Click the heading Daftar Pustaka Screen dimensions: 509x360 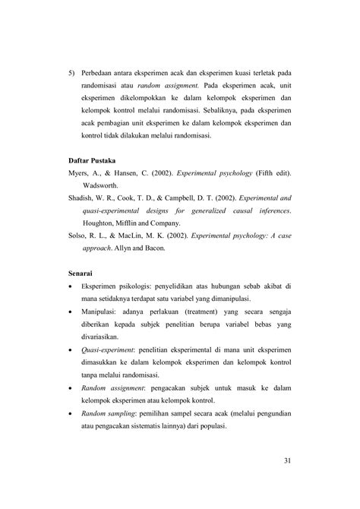tap(93, 161)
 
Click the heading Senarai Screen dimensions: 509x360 tap(84, 270)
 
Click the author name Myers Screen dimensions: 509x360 tap(80, 175)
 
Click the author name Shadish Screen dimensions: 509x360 tap(83, 200)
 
